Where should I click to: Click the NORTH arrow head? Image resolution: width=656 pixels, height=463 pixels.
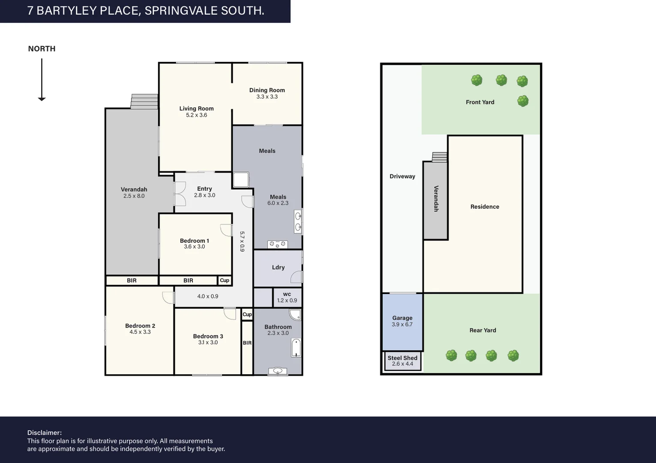42,99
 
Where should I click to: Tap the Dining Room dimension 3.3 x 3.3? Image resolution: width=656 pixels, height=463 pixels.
267,97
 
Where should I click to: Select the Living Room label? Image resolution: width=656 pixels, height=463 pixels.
197,108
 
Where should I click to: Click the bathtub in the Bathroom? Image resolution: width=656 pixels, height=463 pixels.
296,348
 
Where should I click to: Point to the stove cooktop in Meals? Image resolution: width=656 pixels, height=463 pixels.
277,244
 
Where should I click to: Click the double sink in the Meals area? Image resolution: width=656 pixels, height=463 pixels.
298,222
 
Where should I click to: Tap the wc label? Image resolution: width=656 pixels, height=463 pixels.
287,294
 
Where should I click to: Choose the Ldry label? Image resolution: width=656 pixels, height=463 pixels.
278,267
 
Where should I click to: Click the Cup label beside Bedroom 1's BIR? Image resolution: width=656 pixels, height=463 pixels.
225,280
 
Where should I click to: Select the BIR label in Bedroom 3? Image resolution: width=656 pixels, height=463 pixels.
247,343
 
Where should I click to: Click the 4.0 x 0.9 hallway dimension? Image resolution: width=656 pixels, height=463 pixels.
208,296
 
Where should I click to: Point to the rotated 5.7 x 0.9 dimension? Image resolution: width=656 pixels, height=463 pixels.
242,241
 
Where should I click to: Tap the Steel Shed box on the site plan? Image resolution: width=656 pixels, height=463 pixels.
403,361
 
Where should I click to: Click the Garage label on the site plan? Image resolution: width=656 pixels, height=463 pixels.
402,318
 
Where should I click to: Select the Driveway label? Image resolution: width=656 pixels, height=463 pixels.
402,176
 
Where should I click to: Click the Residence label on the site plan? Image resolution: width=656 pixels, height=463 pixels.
485,207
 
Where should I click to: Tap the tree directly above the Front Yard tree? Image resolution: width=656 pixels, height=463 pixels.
522,81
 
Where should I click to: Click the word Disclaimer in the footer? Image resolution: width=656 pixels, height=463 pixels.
45,433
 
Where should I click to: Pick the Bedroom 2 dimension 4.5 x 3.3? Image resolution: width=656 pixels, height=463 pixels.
140,332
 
